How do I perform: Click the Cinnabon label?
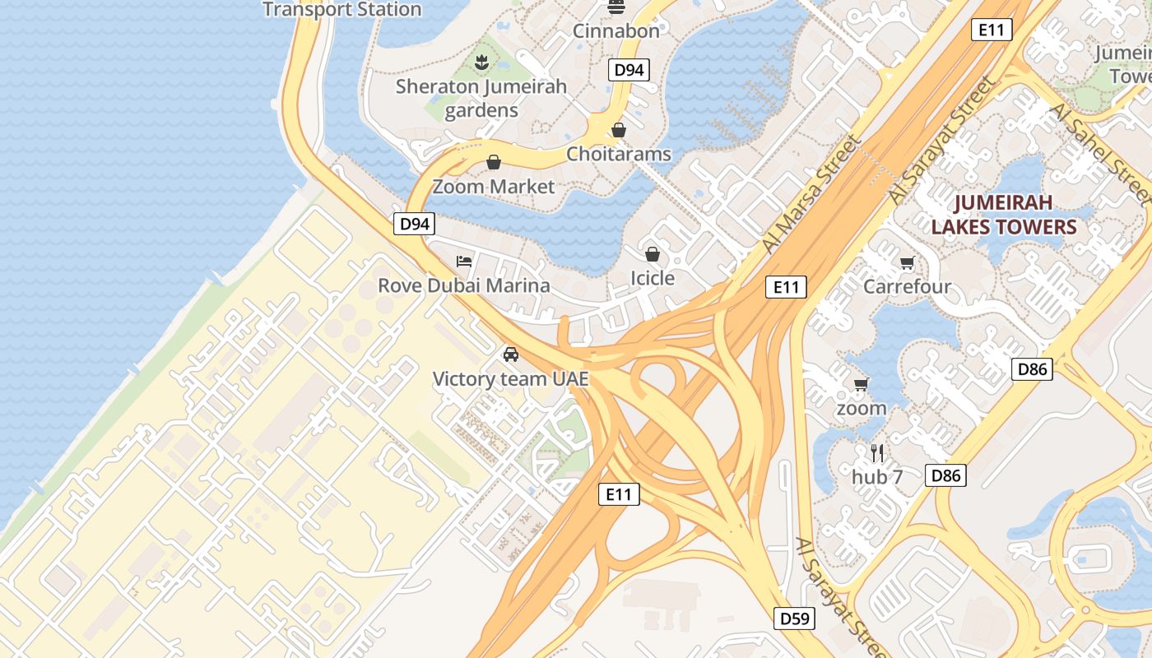[x=616, y=31]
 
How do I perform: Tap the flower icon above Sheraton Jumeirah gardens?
[x=481, y=61]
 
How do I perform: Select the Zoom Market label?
[x=494, y=187]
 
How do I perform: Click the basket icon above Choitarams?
[x=618, y=130]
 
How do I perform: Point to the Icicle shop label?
[x=653, y=278]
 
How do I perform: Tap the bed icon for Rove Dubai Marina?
[x=464, y=262]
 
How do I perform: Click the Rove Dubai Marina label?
[x=464, y=286]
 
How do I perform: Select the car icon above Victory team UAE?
[x=511, y=354]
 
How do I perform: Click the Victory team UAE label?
[x=511, y=379]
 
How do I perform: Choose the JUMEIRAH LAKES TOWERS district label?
[x=1004, y=215]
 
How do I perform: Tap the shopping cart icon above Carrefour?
[x=907, y=262]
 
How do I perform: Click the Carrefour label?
[x=907, y=287]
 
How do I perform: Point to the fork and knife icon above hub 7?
[x=877, y=452]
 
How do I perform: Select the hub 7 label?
[x=877, y=477]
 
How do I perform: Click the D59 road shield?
[x=795, y=619]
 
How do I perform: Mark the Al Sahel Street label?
[x=1099, y=152]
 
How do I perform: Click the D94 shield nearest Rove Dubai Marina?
[x=413, y=224]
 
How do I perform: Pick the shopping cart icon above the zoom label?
[x=862, y=384]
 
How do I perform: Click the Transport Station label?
[x=341, y=10]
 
